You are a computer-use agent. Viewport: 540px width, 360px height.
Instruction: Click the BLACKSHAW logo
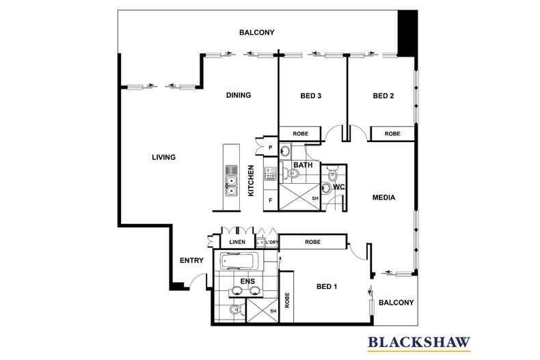click(x=419, y=343)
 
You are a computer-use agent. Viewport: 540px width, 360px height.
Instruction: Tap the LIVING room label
click(x=163, y=157)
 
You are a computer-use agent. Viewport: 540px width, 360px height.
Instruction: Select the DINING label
click(x=239, y=95)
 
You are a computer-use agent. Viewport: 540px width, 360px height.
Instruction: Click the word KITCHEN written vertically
click(x=251, y=181)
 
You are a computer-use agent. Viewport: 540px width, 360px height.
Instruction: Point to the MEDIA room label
click(x=383, y=197)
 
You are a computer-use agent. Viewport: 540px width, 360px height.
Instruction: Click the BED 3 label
click(x=310, y=96)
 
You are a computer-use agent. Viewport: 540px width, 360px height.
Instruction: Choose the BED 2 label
click(x=383, y=96)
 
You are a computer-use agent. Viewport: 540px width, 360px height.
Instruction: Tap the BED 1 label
click(x=327, y=286)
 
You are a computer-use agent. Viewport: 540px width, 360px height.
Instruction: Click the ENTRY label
click(x=191, y=260)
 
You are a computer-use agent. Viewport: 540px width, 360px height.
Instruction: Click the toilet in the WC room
click(x=333, y=174)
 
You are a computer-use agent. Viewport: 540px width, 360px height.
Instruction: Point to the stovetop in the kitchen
click(x=271, y=174)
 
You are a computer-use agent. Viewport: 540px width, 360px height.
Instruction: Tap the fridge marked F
click(x=271, y=200)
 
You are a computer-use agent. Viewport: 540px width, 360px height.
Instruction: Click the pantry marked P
click(x=271, y=148)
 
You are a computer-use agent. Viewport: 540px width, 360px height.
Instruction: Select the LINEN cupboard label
click(x=237, y=242)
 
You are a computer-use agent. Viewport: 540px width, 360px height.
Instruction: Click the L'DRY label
click(x=271, y=243)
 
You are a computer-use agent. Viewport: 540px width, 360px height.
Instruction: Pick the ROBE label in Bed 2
click(x=392, y=133)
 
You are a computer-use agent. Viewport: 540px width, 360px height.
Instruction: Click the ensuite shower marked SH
click(x=262, y=310)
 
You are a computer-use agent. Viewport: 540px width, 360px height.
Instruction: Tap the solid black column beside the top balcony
click(x=408, y=33)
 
